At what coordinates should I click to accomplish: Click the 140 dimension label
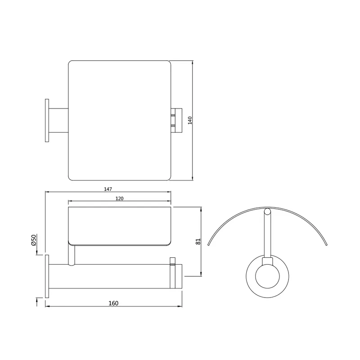[x=190, y=120]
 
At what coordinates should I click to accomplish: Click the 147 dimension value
[x=108, y=189]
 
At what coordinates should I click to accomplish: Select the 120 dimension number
[x=119, y=198]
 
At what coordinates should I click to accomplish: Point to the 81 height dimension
[x=198, y=241]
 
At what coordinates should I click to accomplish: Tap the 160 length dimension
[x=113, y=303]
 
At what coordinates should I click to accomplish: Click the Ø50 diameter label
[x=33, y=240]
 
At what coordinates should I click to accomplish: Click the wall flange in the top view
[x=47, y=121]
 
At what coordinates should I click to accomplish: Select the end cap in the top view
[x=176, y=121]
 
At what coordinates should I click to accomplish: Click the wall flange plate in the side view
[x=47, y=276]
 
